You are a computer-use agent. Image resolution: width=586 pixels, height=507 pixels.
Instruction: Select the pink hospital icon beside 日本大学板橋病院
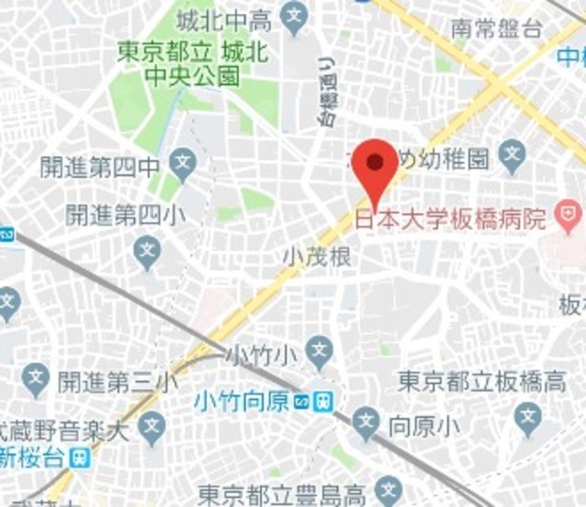pyautogui.click(x=570, y=219)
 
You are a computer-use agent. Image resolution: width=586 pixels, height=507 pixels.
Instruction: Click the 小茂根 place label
pyautogui.click(x=317, y=259)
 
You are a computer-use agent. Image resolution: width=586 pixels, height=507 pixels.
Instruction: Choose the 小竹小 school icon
pyautogui.click(x=319, y=348)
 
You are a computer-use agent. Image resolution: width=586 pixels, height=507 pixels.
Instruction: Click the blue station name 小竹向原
pyautogui.click(x=251, y=401)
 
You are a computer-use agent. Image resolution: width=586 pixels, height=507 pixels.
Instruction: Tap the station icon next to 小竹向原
pyautogui.click(x=323, y=401)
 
